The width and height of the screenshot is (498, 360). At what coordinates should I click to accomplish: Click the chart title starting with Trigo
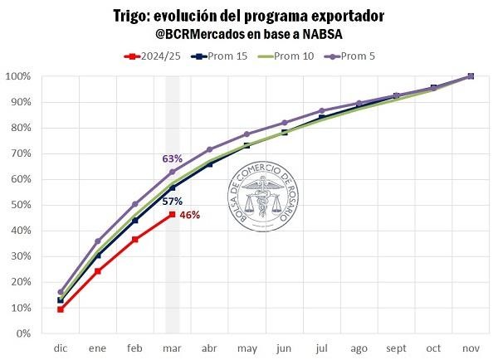click(x=249, y=17)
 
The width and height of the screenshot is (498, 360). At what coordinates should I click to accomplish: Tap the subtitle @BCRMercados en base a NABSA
click(x=249, y=35)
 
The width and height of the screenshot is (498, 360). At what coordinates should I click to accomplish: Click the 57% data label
click(x=172, y=201)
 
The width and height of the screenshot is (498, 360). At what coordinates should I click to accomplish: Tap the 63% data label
click(x=172, y=158)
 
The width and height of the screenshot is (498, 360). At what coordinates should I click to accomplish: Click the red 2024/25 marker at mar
click(x=172, y=215)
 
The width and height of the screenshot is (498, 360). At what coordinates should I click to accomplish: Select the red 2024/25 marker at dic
click(x=61, y=309)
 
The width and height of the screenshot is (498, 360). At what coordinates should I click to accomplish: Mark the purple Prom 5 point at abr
click(x=209, y=149)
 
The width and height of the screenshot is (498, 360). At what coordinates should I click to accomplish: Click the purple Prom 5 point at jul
click(x=321, y=110)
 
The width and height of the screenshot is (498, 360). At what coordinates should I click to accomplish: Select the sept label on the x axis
click(x=396, y=348)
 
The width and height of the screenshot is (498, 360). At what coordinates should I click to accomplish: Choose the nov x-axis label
click(x=471, y=348)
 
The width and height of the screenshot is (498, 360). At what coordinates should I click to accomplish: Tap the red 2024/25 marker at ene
click(x=98, y=271)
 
